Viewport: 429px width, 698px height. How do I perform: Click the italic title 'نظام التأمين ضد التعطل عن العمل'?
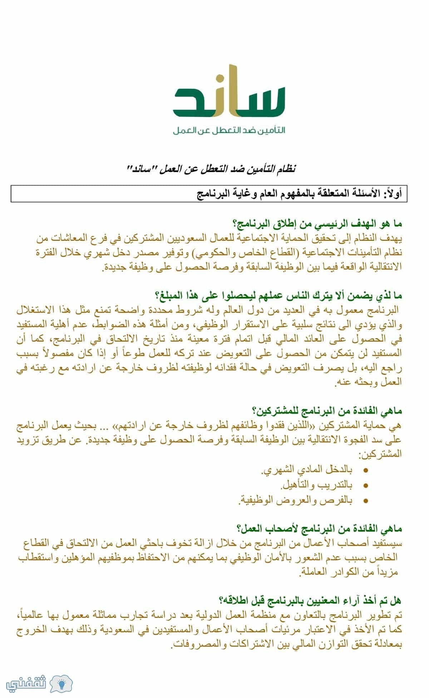212,168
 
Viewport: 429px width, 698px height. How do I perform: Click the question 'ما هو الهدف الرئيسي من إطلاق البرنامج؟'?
317,225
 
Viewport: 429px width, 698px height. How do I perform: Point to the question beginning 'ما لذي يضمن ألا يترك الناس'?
278,296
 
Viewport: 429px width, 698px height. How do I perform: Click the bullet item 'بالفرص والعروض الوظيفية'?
295,500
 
